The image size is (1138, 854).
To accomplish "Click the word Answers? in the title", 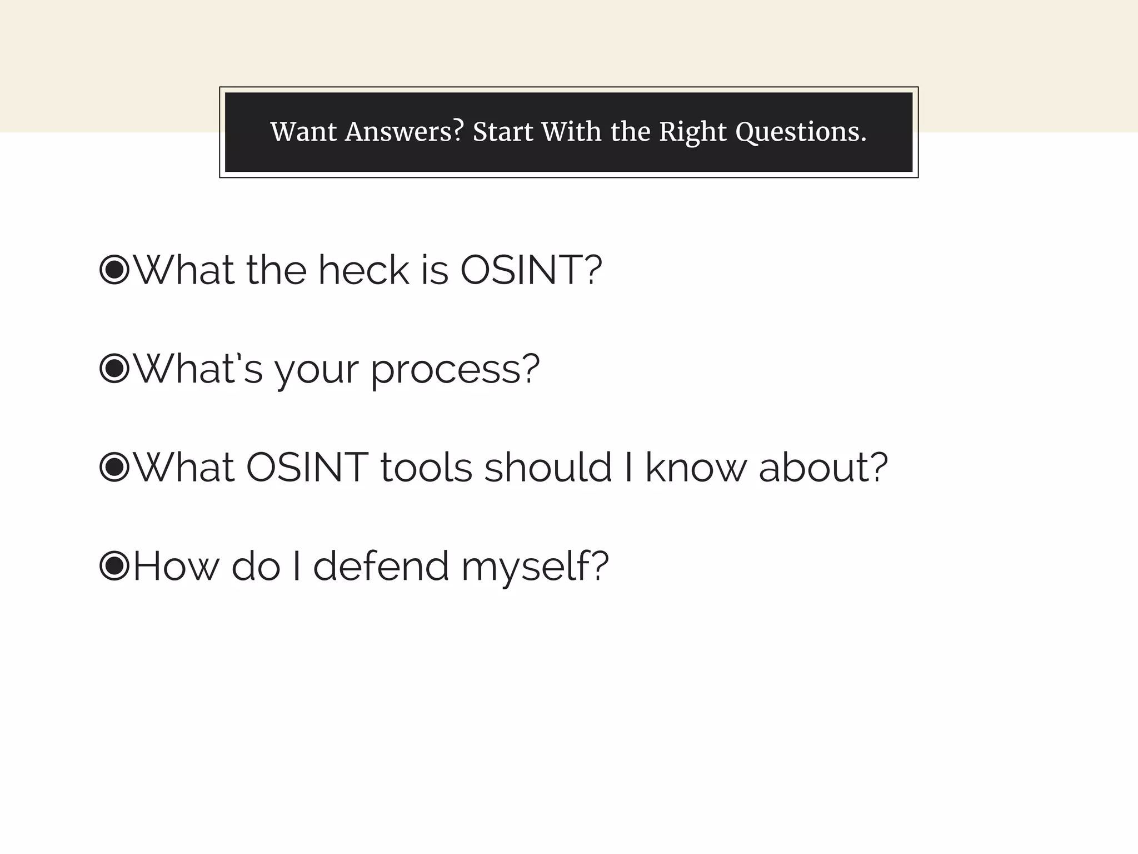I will coord(404,132).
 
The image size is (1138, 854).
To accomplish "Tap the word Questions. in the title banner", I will coord(801,132).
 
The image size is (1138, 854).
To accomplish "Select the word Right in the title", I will coord(692,132).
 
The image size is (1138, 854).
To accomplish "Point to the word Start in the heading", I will coord(502,132).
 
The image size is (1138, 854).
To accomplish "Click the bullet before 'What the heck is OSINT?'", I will coord(114,270).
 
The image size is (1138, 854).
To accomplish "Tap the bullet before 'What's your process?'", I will coord(114,368).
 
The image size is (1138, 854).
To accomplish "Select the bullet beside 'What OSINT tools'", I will coord(114,467).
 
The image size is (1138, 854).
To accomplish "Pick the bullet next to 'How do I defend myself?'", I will coord(114,565).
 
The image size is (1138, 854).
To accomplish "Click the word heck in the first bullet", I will coord(363,270).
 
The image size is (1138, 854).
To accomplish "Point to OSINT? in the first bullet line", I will coord(531,270).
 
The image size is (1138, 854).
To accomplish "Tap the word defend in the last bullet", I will coord(381,566).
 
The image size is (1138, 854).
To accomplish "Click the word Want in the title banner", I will coord(303,132).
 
